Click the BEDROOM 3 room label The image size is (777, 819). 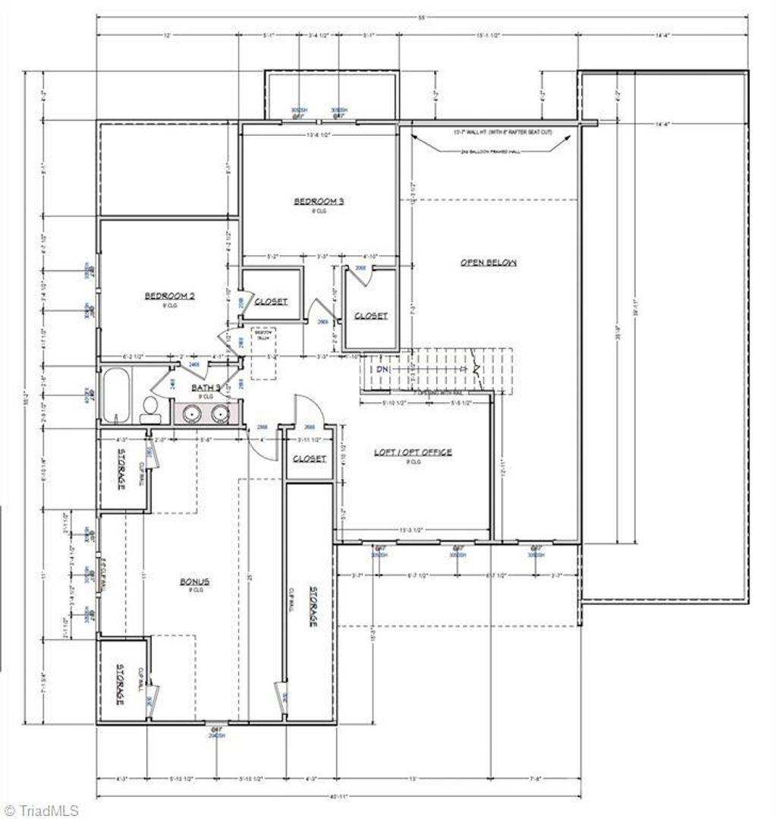click(319, 201)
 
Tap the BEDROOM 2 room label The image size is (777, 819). click(170, 296)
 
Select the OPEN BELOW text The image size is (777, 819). click(489, 263)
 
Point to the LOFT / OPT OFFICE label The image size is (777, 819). click(413, 452)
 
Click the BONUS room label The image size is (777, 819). click(194, 581)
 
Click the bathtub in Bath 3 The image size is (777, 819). click(115, 395)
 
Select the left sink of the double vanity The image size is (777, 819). click(189, 413)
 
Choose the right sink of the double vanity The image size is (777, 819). click(221, 413)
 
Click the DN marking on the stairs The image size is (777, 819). click(383, 368)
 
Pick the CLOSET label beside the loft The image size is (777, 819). click(309, 459)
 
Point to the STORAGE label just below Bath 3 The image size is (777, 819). click(120, 471)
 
